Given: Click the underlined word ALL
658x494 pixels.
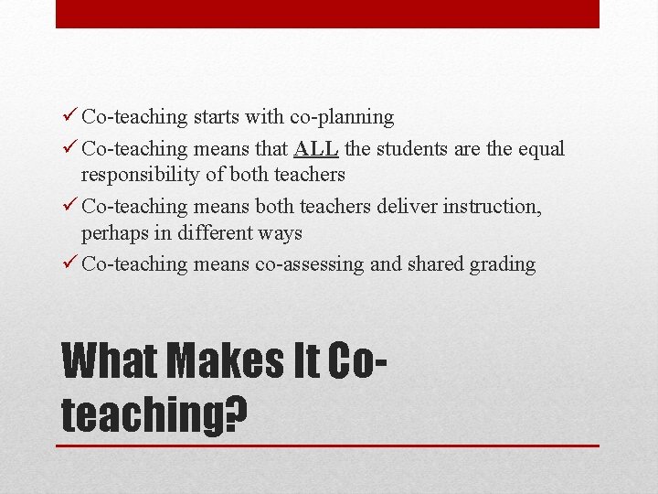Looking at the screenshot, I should [316, 148].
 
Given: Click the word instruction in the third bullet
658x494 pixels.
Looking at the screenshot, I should [492, 207].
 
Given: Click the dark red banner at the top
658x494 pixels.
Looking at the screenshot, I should [327, 14].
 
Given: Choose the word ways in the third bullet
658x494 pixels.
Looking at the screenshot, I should [279, 233].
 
